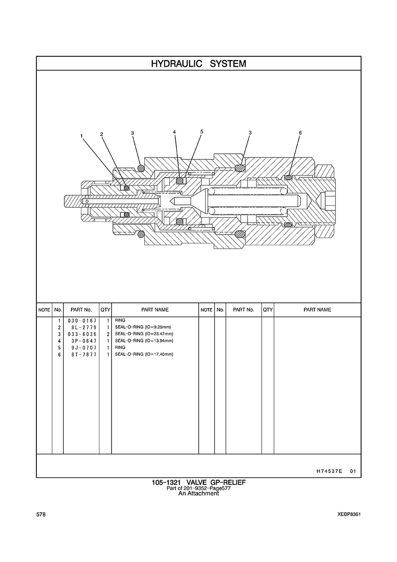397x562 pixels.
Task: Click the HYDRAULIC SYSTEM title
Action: (198, 64)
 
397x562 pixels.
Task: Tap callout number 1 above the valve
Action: (82, 136)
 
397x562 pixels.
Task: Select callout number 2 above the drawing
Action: (102, 134)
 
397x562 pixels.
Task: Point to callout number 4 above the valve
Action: (174, 132)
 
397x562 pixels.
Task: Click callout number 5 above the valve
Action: (201, 132)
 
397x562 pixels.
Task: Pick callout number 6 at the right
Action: (300, 132)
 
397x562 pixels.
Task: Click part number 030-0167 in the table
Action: (82, 320)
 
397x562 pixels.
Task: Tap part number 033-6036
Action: (82, 334)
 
